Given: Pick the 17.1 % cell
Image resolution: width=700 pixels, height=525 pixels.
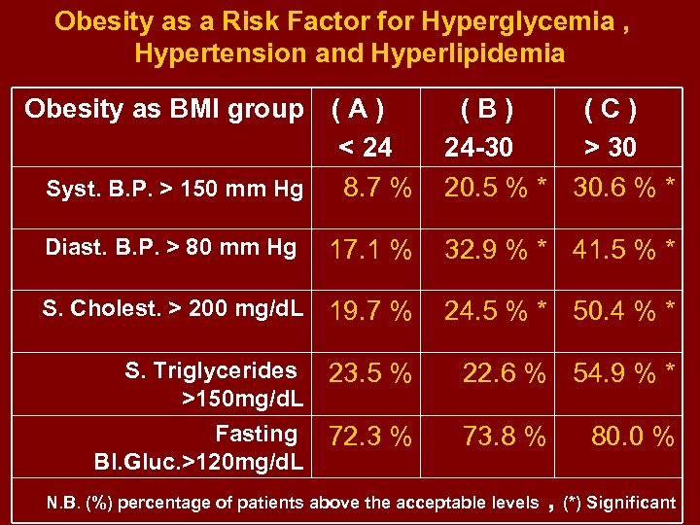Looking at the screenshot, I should pos(370,250).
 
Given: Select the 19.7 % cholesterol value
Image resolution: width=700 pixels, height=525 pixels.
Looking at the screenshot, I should pos(370,312).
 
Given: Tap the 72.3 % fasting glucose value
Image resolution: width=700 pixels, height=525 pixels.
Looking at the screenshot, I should pos(370,437).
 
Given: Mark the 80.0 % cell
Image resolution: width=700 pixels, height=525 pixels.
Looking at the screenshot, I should pos(633,437).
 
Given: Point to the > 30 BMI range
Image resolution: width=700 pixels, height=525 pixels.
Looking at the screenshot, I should pos(610,148).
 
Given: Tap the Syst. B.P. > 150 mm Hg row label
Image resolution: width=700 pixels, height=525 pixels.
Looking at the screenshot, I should pos(174,189).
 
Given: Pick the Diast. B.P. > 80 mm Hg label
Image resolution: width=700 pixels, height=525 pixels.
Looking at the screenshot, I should pos(170,248).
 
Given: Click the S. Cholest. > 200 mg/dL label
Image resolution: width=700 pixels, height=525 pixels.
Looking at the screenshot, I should pos(173,309).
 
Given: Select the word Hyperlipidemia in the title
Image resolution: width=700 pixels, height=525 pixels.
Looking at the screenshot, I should pos(453,52).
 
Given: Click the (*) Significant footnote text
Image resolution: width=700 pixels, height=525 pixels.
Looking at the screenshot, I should pos(619,503).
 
